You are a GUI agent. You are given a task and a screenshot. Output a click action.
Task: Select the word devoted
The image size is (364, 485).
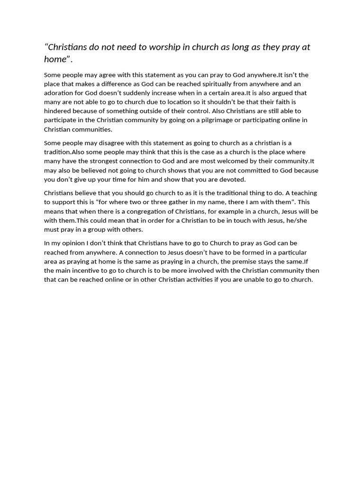coord(233,180)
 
